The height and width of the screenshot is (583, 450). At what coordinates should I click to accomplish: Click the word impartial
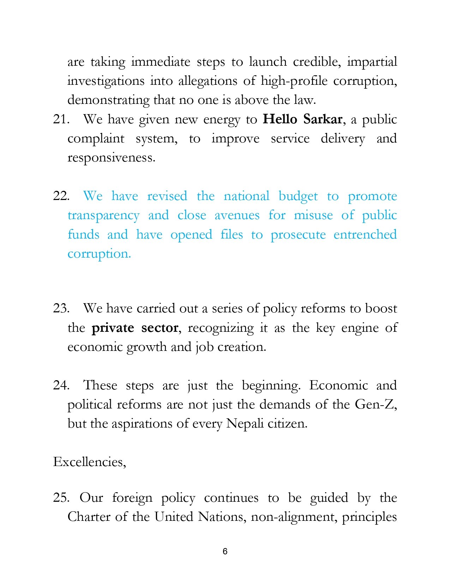point(372,62)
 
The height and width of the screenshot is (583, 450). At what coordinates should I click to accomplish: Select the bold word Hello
point(280,119)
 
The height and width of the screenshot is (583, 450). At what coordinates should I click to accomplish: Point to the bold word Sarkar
point(323,119)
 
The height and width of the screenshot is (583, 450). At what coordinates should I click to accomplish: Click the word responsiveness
point(111,158)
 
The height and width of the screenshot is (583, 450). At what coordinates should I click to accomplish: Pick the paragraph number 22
point(61,196)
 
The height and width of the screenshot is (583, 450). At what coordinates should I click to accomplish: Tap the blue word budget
point(298,196)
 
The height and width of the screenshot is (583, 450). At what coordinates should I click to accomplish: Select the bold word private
point(113,328)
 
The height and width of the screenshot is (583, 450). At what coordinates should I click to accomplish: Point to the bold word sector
point(160,328)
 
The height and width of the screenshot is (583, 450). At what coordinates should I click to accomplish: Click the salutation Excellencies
point(89,462)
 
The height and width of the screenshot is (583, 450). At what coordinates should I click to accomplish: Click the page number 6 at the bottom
point(225,551)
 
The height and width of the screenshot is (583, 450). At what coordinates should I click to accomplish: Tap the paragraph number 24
point(61,385)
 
